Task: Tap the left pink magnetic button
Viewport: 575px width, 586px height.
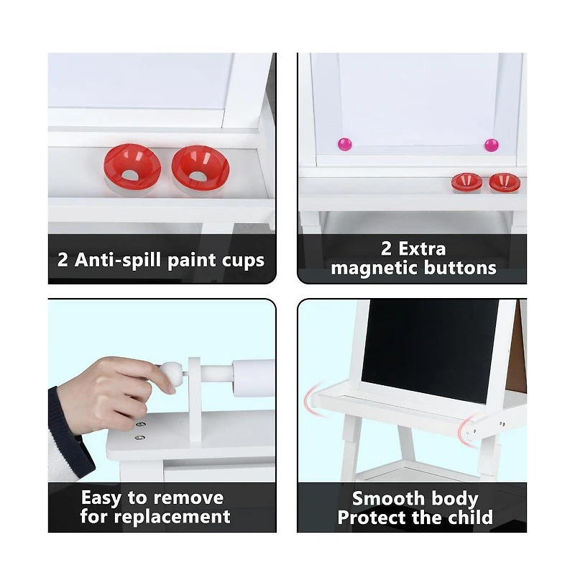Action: pos(343,145)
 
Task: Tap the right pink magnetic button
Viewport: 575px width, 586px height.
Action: pos(491,145)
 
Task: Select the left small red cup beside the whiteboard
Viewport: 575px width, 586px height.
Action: pos(466,182)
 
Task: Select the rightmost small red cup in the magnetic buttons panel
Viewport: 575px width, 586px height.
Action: pos(505,182)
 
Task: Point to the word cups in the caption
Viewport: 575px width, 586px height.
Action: pos(242,260)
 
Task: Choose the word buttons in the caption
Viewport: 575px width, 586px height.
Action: pos(459,269)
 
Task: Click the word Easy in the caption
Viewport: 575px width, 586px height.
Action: pos(101,497)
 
